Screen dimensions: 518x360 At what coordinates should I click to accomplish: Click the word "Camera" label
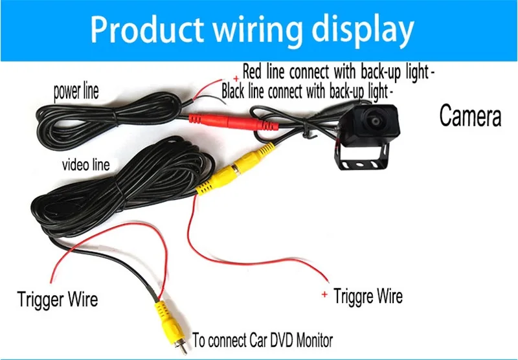tap(470, 115)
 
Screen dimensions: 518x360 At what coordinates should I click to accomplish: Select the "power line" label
tap(76, 91)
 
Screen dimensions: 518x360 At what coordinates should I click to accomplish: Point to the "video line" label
tap(86, 165)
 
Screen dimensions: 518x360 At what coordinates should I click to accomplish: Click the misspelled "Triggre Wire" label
tap(368, 296)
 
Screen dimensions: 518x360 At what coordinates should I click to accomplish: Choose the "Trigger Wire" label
tap(58, 299)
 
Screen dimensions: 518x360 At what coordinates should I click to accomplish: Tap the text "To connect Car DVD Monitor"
tap(263, 340)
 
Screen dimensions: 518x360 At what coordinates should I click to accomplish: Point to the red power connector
tap(234, 122)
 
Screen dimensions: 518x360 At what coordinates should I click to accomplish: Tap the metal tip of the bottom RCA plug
tap(181, 348)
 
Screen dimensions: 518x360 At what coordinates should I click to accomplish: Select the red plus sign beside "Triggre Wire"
tap(324, 294)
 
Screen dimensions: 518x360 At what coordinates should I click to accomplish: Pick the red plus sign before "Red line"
tap(236, 78)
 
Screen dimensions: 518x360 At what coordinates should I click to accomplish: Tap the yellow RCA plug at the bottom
tap(169, 322)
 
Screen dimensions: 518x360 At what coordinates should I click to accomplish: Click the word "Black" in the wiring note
tap(234, 91)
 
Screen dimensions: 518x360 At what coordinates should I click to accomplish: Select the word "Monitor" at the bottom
tap(315, 340)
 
